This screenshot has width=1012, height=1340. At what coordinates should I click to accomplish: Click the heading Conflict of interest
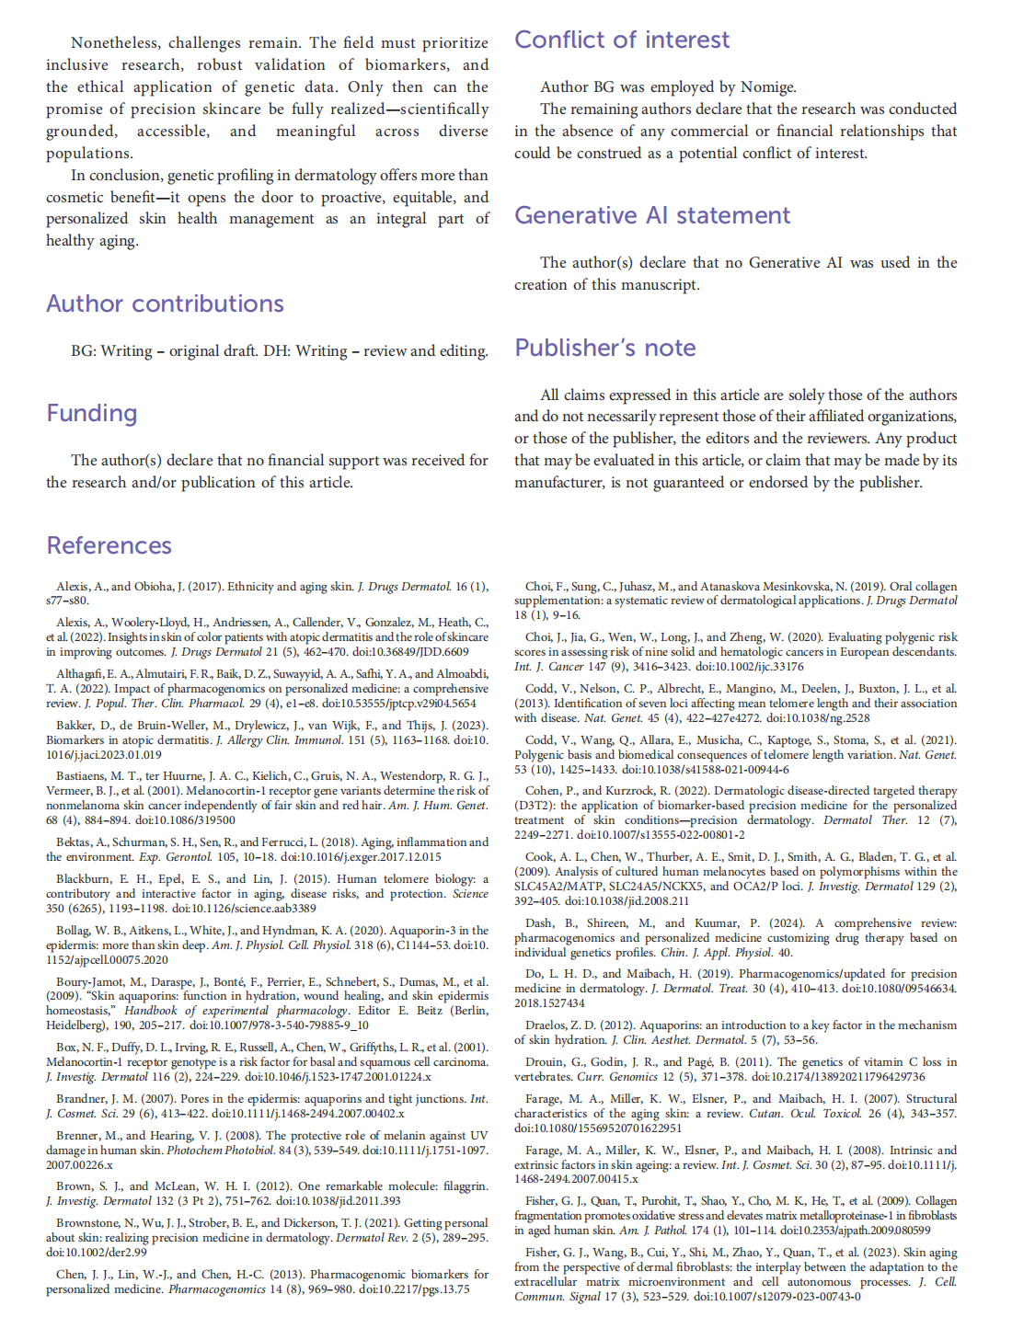[x=621, y=40]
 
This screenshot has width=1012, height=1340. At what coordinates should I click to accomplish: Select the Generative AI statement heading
[x=651, y=215]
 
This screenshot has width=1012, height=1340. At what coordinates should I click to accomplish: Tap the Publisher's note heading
[x=604, y=348]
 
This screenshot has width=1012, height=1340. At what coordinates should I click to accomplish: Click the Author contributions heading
[x=165, y=304]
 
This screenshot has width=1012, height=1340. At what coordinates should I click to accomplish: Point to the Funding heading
[x=91, y=413]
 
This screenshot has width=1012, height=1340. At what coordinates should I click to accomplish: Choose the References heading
[x=109, y=545]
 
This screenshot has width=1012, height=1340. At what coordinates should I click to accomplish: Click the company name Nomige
[x=767, y=87]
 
